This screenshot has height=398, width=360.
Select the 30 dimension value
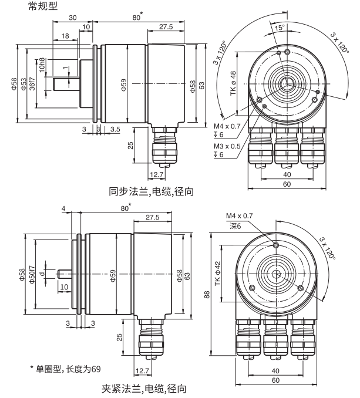[72, 18]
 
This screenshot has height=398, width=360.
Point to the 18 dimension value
[64, 36]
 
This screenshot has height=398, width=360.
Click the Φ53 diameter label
[24, 83]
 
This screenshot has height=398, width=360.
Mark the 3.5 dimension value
[115, 127]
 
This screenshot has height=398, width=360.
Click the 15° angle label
[277, 27]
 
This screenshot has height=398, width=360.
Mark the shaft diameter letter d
[42, 274]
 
